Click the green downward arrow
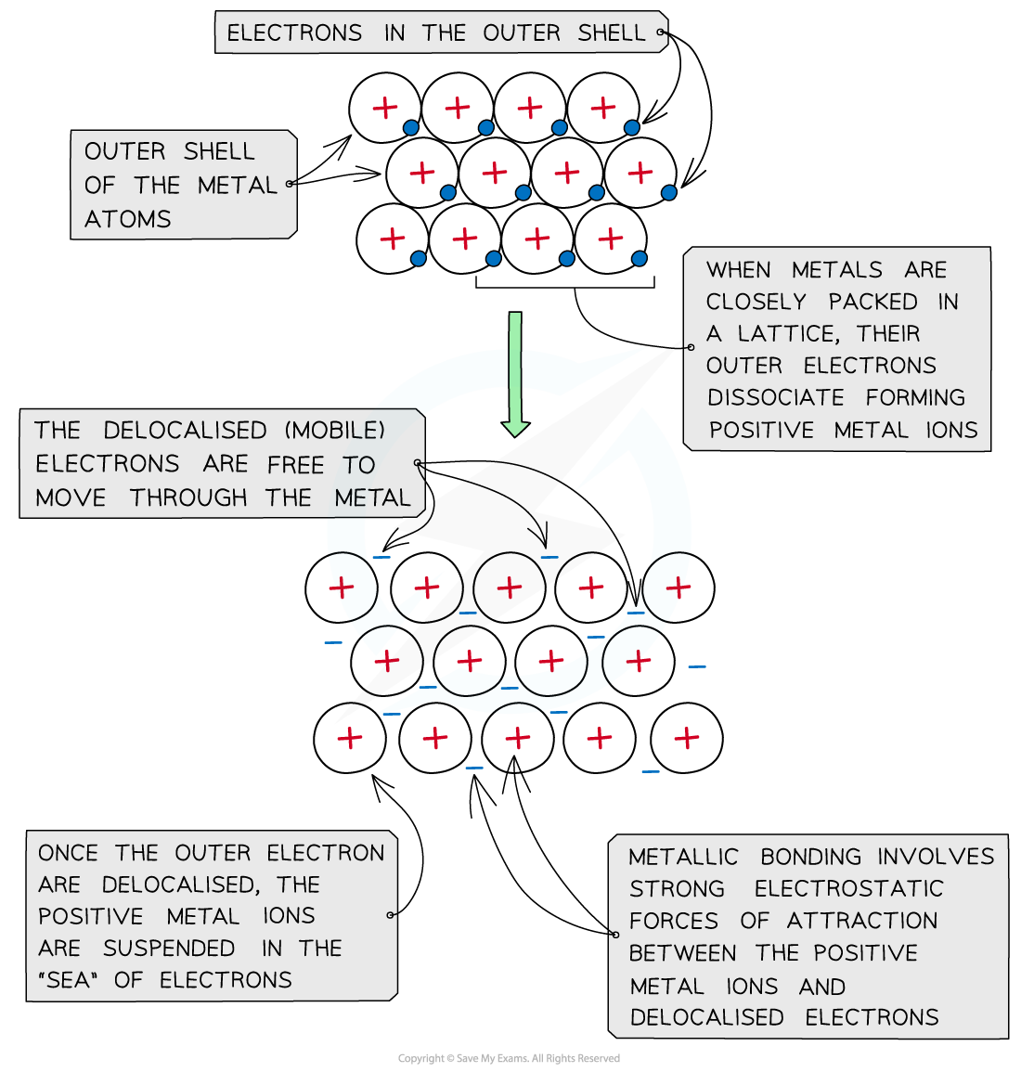515,371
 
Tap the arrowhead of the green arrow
515,428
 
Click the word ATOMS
128,219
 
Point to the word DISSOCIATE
776,397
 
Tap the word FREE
296,464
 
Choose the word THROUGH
188,498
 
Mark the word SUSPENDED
169,948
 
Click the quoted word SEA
69,980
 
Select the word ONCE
68,853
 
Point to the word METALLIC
684,857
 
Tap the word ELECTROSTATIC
848,888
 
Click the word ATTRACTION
862,921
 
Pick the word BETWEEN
683,953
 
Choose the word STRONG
677,888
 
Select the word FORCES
674,921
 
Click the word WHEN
739,270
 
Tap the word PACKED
872,302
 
